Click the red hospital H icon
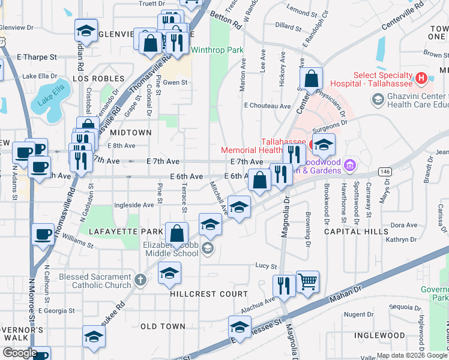(x=421, y=77)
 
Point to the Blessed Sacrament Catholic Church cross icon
(x=139, y=280)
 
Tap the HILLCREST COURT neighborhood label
(x=208, y=294)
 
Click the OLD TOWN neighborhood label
(x=163, y=326)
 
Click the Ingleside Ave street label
(x=134, y=205)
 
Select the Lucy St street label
(x=265, y=266)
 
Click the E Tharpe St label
(x=37, y=58)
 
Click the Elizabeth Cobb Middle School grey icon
(x=208, y=248)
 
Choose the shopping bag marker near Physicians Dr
(x=312, y=79)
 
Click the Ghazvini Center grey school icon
(x=378, y=100)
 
